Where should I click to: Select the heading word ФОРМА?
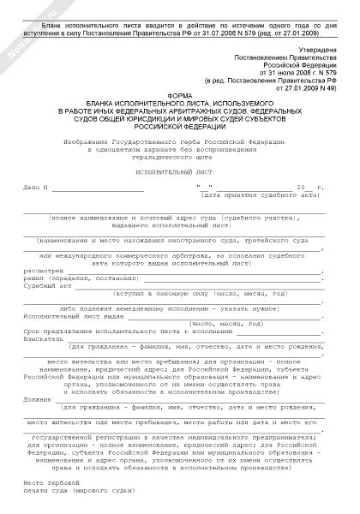tap(179, 95)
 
